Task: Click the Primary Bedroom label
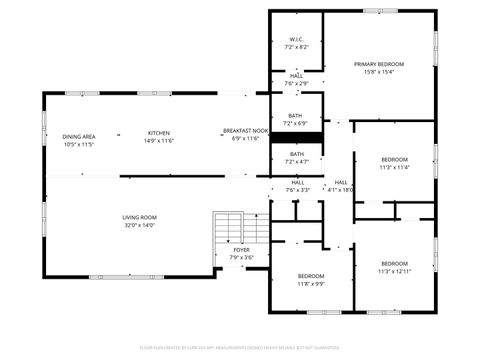[x=379, y=64]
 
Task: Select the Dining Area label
[x=79, y=137]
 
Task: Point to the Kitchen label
[x=159, y=133]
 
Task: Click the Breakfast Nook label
[x=245, y=131]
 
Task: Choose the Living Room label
[x=139, y=217]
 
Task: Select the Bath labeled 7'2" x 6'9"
[x=296, y=115]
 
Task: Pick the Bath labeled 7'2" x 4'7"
[x=296, y=153]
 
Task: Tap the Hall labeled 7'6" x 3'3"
[x=298, y=182]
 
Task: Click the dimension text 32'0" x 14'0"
[x=139, y=225]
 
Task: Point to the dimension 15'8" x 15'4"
[x=379, y=71]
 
